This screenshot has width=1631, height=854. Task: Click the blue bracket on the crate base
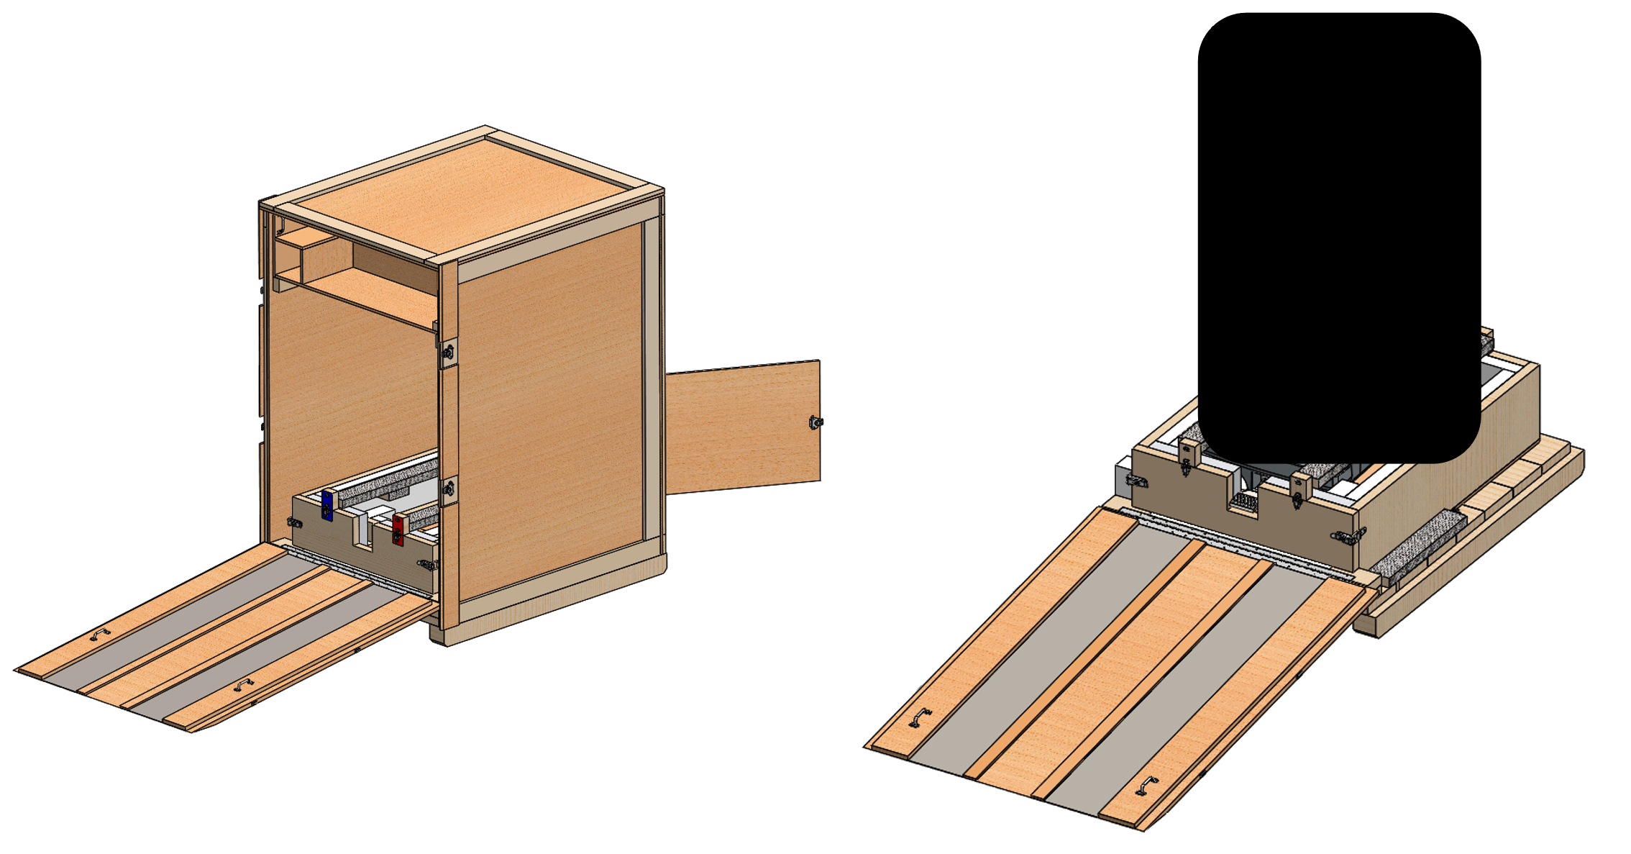click(x=329, y=505)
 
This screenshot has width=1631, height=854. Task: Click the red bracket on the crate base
click(x=398, y=528)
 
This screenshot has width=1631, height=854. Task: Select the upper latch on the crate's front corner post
click(x=449, y=352)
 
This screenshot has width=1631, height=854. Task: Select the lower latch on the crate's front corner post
click(x=449, y=490)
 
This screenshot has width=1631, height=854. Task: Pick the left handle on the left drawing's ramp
click(x=99, y=635)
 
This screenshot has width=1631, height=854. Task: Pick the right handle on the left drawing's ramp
click(x=245, y=684)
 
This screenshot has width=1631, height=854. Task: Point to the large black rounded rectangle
click(x=1339, y=237)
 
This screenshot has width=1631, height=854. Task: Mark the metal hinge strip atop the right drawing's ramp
click(x=1237, y=543)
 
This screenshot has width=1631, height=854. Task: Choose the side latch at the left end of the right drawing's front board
click(x=1136, y=480)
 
